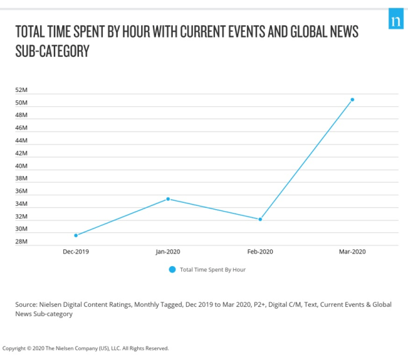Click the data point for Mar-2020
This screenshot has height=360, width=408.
352,100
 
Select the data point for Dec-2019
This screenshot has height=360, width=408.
76,235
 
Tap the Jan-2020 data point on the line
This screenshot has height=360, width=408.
168,199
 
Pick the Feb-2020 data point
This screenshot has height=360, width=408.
260,219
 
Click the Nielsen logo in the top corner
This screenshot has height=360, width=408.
395,21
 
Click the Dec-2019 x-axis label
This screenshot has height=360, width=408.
76,251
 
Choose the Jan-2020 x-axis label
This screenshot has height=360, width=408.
168,251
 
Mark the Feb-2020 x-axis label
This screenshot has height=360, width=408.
260,251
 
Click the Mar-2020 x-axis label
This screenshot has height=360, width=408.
352,251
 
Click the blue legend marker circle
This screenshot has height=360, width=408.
172,269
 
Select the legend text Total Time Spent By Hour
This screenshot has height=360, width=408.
212,269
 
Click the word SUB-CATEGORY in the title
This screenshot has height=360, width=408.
52,51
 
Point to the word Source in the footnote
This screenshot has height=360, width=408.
27,304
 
